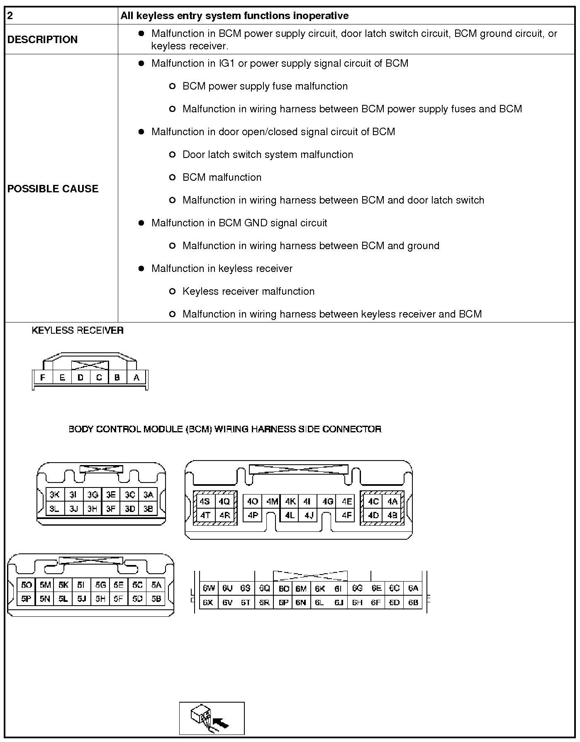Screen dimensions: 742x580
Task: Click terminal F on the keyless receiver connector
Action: coord(42,378)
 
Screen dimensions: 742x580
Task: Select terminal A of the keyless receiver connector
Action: coord(136,378)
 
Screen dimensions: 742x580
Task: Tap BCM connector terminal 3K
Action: coord(54,495)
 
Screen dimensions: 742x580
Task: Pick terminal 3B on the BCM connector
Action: coord(148,509)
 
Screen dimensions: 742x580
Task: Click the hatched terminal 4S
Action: coord(205,502)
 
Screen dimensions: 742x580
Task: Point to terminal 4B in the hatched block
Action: coord(392,516)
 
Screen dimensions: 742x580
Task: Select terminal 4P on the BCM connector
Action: coord(253,516)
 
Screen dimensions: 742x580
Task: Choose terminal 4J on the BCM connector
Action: coord(309,516)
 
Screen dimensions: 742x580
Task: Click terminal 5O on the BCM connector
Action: coord(26,585)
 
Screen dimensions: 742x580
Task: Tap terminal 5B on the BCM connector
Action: coord(156,599)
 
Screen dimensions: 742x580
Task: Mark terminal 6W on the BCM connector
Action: coord(209,588)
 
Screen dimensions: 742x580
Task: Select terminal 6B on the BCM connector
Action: coord(413,602)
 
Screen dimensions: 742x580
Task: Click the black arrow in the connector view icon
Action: coord(224,723)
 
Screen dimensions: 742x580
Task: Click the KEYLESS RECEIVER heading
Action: coord(78,330)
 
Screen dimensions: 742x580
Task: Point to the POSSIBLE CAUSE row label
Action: coord(53,189)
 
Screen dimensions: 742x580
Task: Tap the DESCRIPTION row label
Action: coord(42,39)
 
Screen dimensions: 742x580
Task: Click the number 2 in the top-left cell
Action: coord(10,16)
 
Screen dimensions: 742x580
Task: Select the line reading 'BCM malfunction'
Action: coord(222,177)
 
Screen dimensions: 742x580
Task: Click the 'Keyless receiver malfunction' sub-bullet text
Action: coord(248,291)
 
